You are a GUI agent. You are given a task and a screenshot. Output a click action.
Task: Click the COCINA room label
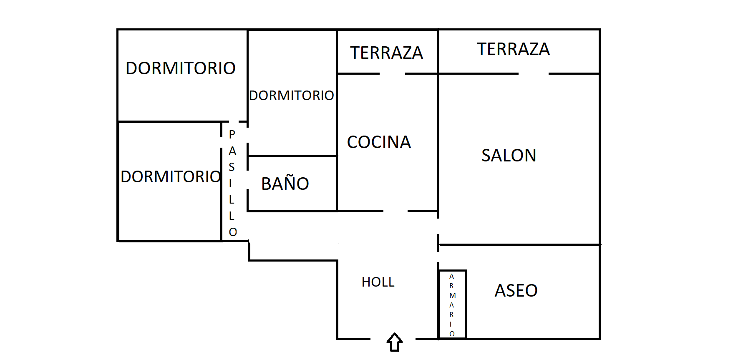pos(379,142)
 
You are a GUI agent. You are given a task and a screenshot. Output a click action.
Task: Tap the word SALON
pos(509,156)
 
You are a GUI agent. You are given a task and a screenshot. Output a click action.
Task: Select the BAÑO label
pos(285,184)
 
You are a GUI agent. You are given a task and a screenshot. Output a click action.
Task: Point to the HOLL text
pos(378,282)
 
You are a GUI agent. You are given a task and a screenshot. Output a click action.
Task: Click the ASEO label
pos(516,291)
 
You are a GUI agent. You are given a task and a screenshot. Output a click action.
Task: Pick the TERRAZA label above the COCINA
pos(386,53)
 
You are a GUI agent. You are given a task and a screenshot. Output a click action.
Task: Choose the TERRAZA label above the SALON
pos(513,49)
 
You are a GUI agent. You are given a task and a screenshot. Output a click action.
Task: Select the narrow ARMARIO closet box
pos(453,305)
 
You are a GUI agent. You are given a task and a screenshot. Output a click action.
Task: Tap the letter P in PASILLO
pos(232,134)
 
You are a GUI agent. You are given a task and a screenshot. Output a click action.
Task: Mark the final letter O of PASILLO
pos(233,232)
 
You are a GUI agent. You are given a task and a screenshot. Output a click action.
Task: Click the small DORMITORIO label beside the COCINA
pos(292,96)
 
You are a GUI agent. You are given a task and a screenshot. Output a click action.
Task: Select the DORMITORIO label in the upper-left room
pos(181,68)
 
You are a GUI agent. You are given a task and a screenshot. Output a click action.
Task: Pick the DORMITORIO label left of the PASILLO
pos(171,177)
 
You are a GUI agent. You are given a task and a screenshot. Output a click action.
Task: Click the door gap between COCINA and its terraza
pos(392,74)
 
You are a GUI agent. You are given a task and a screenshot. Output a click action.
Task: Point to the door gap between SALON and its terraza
pos(533,74)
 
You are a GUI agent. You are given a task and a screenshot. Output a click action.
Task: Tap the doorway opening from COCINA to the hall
pos(395,211)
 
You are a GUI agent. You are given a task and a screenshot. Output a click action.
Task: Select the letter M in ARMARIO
pos(453,295)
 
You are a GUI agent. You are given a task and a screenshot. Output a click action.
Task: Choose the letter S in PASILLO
pos(232,167)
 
